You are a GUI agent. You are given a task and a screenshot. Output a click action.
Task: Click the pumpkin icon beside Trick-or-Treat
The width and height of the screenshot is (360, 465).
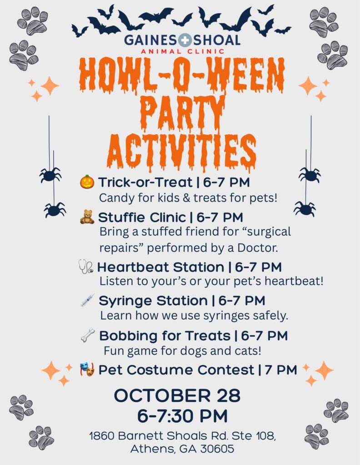(x=87, y=182)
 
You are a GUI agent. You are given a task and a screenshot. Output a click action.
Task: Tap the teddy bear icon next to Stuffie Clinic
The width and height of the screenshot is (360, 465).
(x=87, y=217)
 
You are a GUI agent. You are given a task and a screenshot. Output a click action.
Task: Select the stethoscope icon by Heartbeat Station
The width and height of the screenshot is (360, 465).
(x=86, y=266)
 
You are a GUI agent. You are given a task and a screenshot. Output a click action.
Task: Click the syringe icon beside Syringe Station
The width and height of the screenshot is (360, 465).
(x=88, y=300)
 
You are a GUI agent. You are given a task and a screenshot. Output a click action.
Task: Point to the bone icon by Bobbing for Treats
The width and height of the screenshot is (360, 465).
(x=88, y=335)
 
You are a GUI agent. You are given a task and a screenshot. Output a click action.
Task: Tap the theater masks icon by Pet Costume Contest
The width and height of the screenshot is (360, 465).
(x=87, y=369)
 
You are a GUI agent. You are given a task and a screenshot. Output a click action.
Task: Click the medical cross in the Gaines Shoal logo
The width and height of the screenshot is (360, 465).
(x=185, y=40)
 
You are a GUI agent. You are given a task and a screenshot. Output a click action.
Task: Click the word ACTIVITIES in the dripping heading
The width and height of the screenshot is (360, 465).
(x=182, y=153)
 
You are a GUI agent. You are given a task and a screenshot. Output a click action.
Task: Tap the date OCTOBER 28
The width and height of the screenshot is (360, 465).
(x=177, y=396)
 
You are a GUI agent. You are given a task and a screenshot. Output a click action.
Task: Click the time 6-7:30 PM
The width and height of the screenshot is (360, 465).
(x=182, y=416)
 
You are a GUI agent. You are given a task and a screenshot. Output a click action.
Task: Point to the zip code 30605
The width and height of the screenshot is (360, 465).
(x=217, y=449)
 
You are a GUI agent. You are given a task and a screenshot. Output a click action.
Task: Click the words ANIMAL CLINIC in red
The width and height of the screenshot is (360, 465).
(x=183, y=51)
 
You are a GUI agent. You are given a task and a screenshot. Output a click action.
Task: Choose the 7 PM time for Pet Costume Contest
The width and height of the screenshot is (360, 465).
(x=281, y=370)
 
